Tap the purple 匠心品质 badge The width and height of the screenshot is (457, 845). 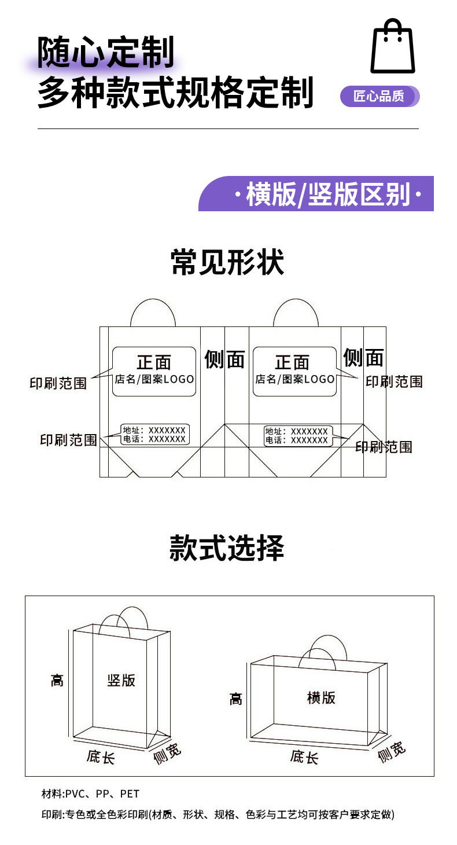tap(379, 96)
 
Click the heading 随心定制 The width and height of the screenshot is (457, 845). tap(106, 53)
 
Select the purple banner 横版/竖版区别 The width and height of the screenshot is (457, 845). tap(316, 194)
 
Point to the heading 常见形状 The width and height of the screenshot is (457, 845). tap(227, 263)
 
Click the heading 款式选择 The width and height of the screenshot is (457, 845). tap(227, 548)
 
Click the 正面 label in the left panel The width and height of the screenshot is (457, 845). tap(154, 362)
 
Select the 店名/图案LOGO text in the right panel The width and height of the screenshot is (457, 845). tap(295, 380)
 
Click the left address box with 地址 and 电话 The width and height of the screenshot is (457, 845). tap(155, 435)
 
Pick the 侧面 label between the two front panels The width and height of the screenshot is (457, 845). tap(224, 359)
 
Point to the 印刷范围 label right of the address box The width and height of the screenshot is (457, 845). tap(384, 447)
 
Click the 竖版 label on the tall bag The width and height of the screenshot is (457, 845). tap(121, 680)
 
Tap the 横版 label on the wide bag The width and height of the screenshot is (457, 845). tap(321, 697)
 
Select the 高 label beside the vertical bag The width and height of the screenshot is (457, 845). tap(57, 680)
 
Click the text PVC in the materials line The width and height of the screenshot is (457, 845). tap(76, 794)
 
